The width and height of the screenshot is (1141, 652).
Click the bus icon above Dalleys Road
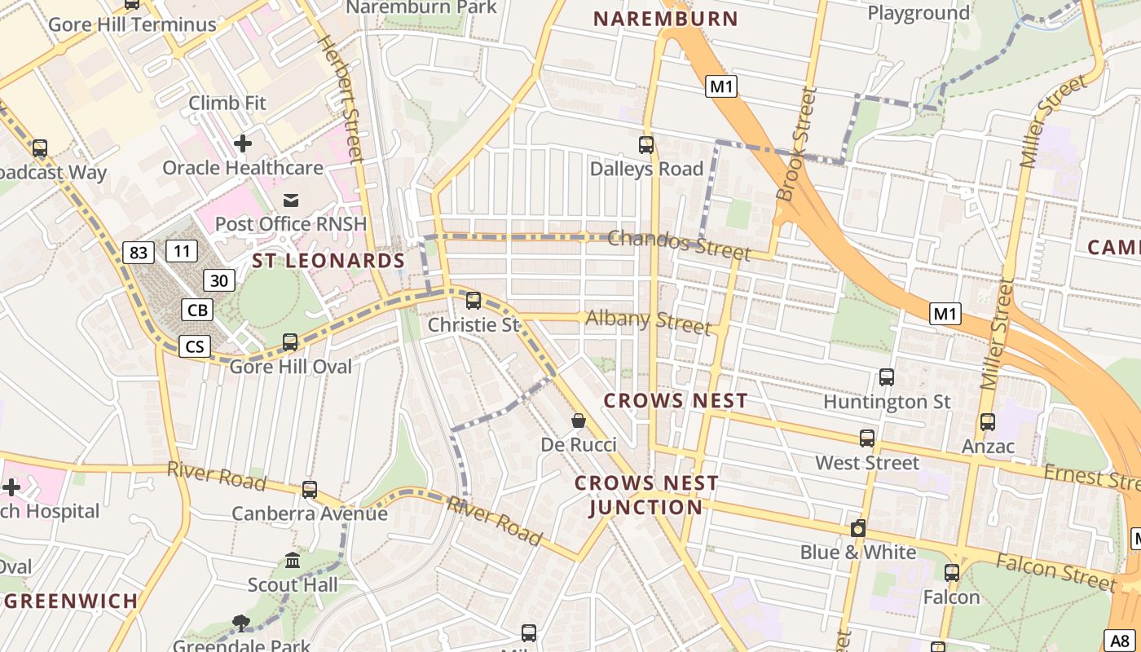click(646, 145)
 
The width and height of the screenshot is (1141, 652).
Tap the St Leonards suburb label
click(328, 261)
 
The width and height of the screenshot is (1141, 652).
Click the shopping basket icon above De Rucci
click(579, 421)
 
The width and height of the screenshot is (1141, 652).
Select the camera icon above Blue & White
click(857, 528)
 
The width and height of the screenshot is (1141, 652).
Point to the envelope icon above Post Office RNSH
click(291, 200)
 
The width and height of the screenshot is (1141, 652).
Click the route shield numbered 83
click(139, 253)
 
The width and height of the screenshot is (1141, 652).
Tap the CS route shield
click(195, 346)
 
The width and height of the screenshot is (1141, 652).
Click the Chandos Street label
click(678, 244)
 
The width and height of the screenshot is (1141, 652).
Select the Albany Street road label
click(648, 321)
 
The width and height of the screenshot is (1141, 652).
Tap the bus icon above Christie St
click(474, 300)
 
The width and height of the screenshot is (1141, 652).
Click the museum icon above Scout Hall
click(293, 561)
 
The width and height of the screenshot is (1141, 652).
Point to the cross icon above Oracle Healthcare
click(242, 143)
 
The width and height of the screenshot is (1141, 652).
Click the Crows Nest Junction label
click(645, 495)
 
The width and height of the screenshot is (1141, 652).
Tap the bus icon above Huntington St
click(887, 377)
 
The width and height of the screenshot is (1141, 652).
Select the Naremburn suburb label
click(665, 19)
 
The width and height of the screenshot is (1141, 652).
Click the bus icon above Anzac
click(988, 421)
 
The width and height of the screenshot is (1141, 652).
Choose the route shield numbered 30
click(218, 280)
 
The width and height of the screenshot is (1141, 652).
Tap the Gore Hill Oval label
click(291, 367)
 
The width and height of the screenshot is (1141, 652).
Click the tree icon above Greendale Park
click(240, 623)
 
